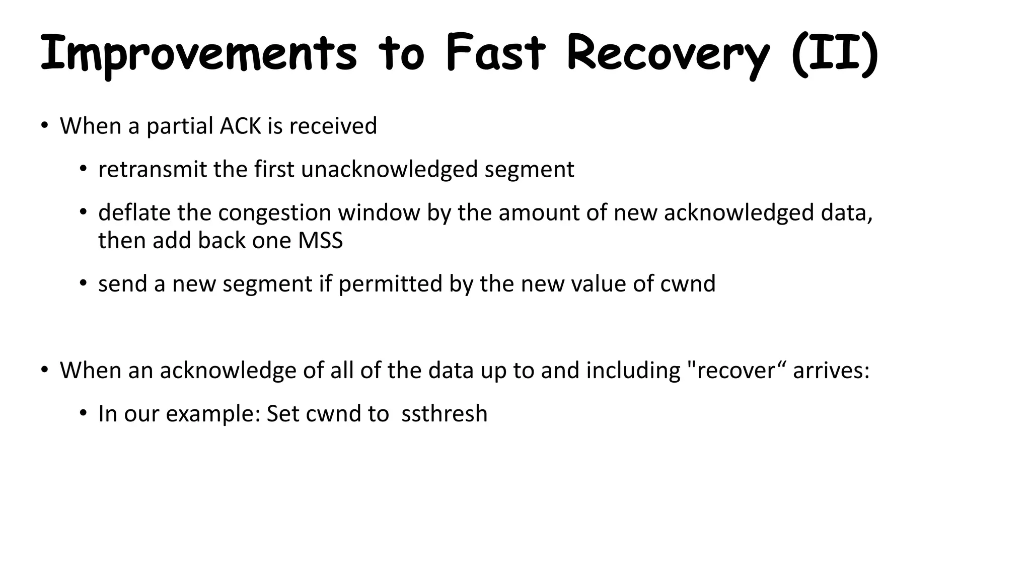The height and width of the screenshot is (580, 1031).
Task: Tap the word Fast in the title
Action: (x=495, y=53)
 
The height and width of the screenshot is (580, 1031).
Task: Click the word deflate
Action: (x=134, y=212)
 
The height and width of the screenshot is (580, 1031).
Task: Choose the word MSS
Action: (x=320, y=240)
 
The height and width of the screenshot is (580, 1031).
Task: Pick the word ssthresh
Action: (x=445, y=414)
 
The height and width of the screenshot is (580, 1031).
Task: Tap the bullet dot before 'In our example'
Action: (x=83, y=413)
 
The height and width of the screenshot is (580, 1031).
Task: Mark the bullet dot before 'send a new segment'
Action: (x=83, y=283)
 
